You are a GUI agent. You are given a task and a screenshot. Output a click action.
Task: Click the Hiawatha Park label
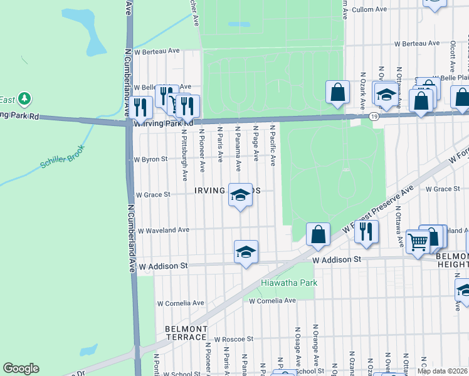(289, 283)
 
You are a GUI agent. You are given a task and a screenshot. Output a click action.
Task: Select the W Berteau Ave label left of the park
(157, 51)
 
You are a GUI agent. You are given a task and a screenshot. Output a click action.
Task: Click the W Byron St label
(150, 159)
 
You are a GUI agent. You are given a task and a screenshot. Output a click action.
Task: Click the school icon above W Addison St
(246, 252)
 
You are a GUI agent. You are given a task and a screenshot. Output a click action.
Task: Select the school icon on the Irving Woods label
(240, 194)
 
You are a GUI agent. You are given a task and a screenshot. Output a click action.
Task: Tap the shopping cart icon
(418, 241)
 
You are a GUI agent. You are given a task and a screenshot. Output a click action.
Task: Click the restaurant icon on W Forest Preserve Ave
(366, 232)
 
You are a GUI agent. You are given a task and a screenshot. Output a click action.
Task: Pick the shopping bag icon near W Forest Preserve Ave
(318, 234)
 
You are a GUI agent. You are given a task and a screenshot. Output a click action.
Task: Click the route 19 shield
(374, 117)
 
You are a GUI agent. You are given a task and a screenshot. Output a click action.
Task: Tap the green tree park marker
(24, 98)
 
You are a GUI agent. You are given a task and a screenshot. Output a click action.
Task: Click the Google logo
(21, 368)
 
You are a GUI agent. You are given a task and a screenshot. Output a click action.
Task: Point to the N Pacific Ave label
(273, 145)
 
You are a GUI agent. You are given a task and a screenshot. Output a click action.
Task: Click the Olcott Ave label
(452, 59)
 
